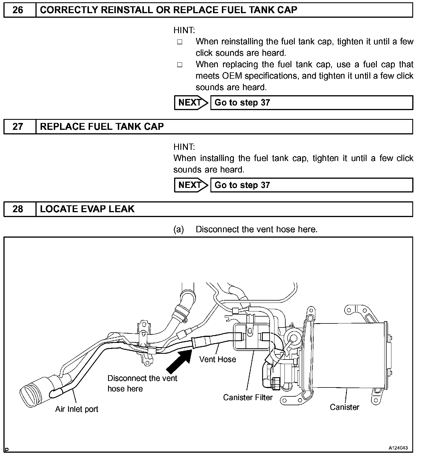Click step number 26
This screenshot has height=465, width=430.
tap(18, 10)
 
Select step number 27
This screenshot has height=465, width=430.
tap(18, 127)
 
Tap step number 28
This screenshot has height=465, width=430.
tap(18, 209)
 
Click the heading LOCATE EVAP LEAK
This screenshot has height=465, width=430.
tap(87, 209)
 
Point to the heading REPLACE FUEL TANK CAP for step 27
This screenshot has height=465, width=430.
tap(102, 127)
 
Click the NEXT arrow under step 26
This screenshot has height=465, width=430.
tap(191, 103)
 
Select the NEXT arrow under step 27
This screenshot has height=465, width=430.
tap(191, 185)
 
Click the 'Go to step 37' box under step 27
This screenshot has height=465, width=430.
tap(311, 185)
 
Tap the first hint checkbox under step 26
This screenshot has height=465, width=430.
tap(180, 42)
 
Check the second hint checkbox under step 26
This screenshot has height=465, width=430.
tap(180, 65)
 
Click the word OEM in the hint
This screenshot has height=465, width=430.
tap(232, 76)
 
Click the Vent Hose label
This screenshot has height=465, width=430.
tap(218, 359)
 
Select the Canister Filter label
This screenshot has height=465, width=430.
tap(248, 397)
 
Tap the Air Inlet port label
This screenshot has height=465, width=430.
tap(77, 409)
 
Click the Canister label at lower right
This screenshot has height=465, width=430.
tap(344, 407)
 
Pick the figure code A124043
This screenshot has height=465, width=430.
tap(398, 448)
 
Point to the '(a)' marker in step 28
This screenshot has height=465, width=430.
tap(179, 229)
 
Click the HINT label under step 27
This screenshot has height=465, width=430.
tap(184, 147)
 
